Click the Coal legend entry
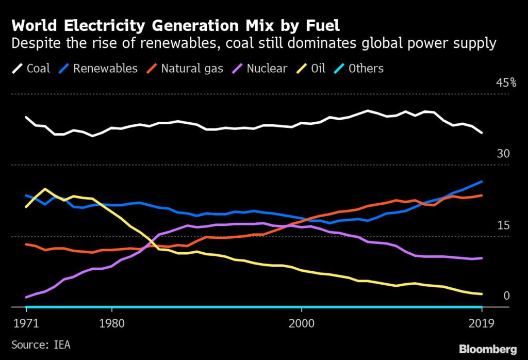tap(31, 69)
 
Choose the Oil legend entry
tap(312, 69)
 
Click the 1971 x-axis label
tap(26, 323)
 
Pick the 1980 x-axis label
tap(111, 323)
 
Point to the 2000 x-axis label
tap(301, 323)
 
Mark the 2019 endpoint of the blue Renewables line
tap(482, 182)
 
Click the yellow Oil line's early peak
tap(45, 189)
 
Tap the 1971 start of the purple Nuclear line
tap(26, 297)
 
